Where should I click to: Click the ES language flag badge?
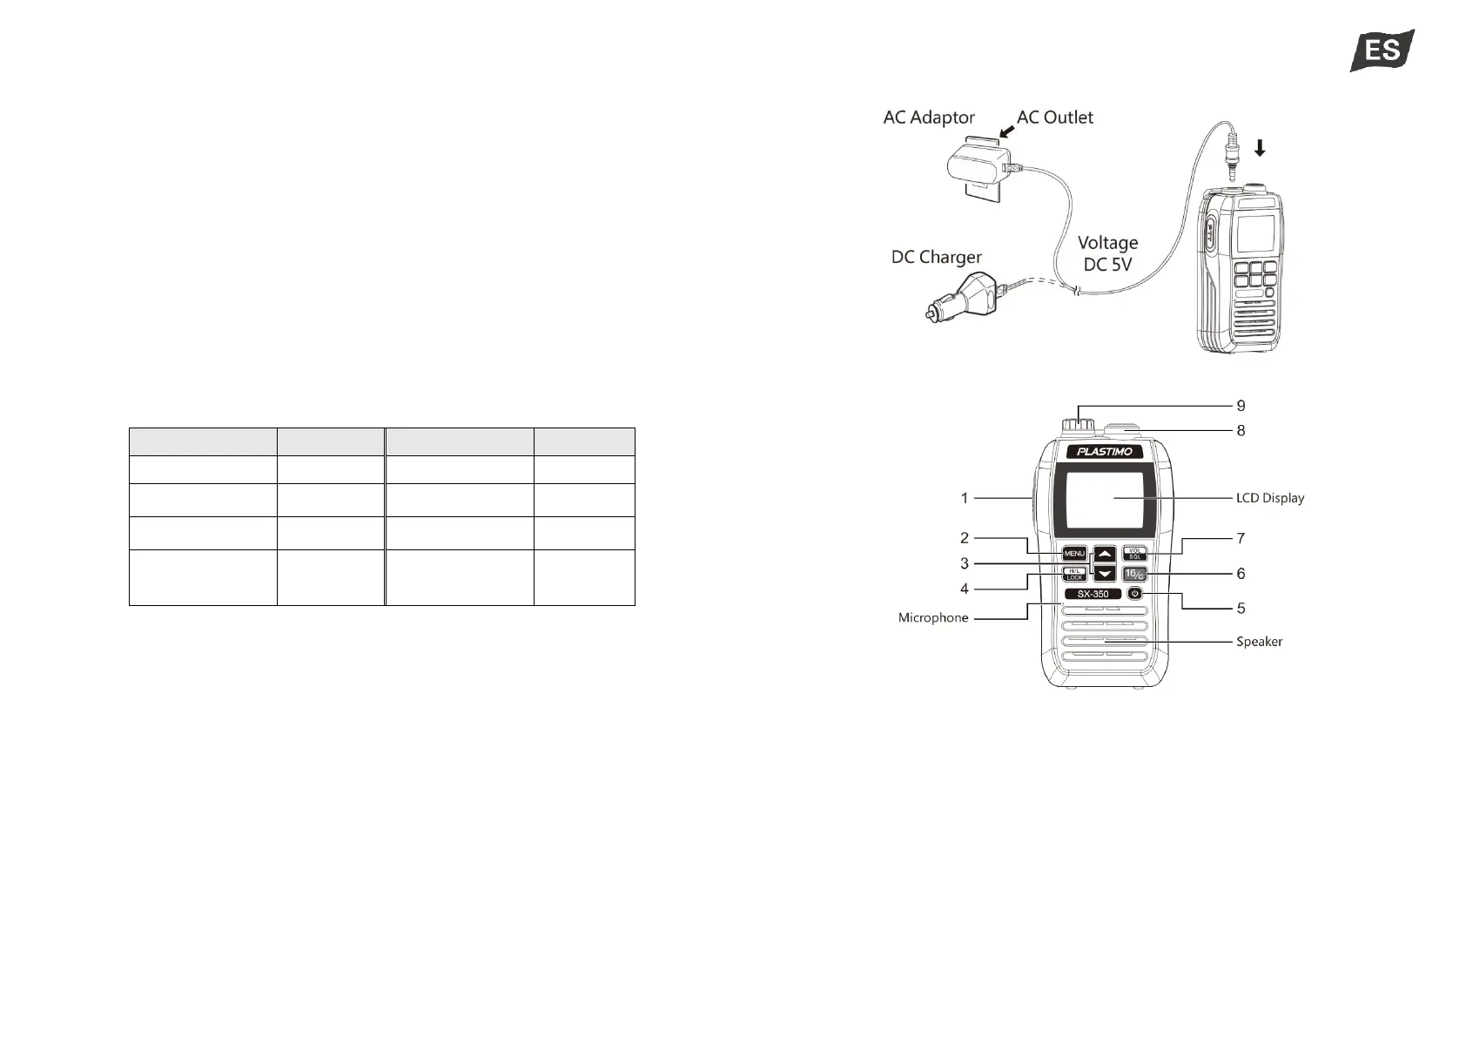[x=1382, y=51]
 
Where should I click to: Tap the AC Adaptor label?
[x=928, y=118]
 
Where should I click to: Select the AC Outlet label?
[x=1054, y=118]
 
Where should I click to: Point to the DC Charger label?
[x=936, y=257]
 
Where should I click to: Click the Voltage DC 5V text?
[x=1107, y=253]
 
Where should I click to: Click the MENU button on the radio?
[x=1074, y=554]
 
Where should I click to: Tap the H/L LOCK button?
[x=1074, y=574]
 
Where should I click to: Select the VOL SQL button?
[x=1134, y=554]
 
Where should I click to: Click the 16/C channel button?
[x=1134, y=574]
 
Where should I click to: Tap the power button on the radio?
[x=1134, y=593]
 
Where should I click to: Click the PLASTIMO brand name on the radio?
[x=1104, y=452]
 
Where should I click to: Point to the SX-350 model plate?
[x=1093, y=594]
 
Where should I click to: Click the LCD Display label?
[x=1269, y=498]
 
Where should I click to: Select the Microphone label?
[x=932, y=617]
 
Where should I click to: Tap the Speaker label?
[x=1259, y=642]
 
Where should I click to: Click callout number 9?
[x=1241, y=406]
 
